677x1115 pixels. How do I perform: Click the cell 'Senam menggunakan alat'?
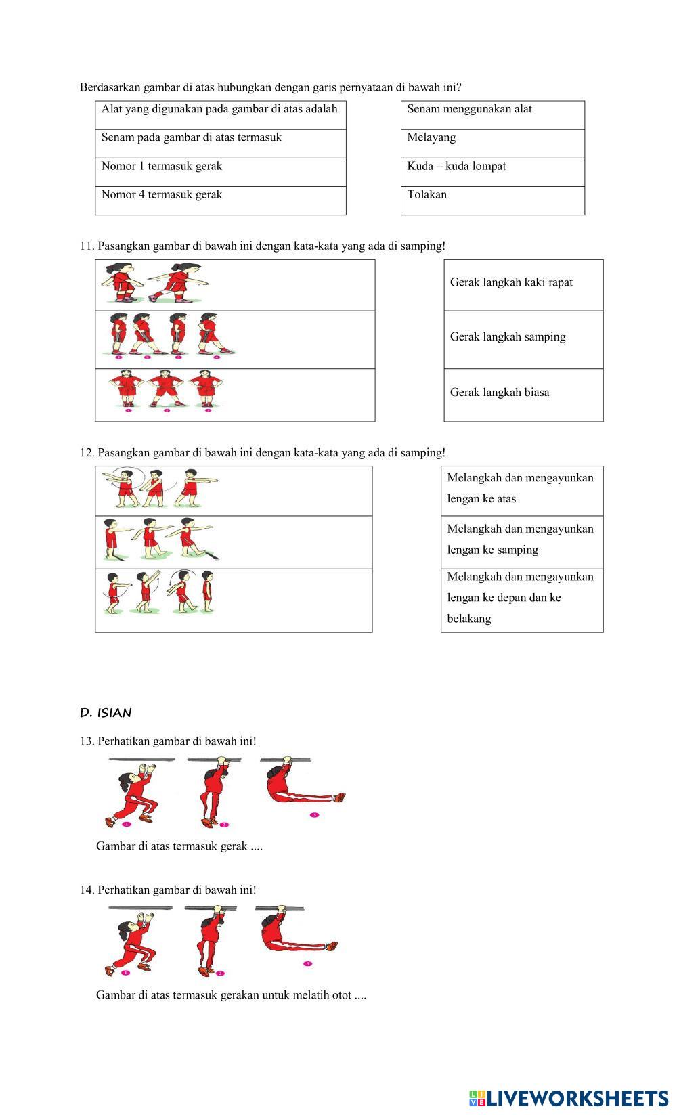point(492,114)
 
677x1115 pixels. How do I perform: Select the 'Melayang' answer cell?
point(492,143)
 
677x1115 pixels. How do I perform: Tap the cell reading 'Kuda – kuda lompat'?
point(492,171)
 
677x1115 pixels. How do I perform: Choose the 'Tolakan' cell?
point(492,200)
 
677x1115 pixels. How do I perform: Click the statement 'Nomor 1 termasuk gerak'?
point(220,171)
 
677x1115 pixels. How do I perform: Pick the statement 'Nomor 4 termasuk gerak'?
point(220,200)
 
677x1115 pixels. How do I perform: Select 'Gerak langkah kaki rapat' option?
point(523,284)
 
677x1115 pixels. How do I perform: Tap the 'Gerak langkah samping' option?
point(523,339)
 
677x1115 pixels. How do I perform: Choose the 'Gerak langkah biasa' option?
point(523,395)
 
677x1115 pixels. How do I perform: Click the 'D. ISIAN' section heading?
point(106,713)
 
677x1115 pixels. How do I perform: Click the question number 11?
point(87,246)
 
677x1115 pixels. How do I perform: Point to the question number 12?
point(87,453)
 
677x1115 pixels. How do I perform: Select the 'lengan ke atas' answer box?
point(521,490)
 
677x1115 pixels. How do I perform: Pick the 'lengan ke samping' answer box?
point(521,542)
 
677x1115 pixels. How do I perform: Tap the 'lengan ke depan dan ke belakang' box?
point(521,600)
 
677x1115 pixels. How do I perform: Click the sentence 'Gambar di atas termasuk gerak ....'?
point(179,846)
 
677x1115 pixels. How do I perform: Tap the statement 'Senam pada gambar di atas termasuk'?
point(220,143)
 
